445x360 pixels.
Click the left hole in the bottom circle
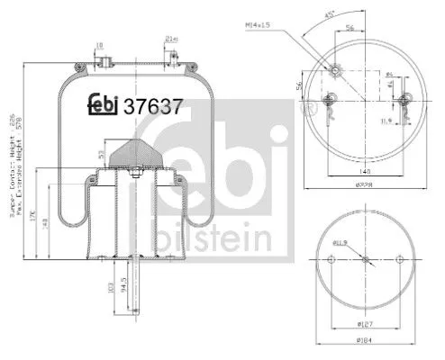pyautogui.click(x=332, y=260)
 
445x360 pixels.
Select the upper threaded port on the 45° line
pyautogui.click(x=334, y=70)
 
